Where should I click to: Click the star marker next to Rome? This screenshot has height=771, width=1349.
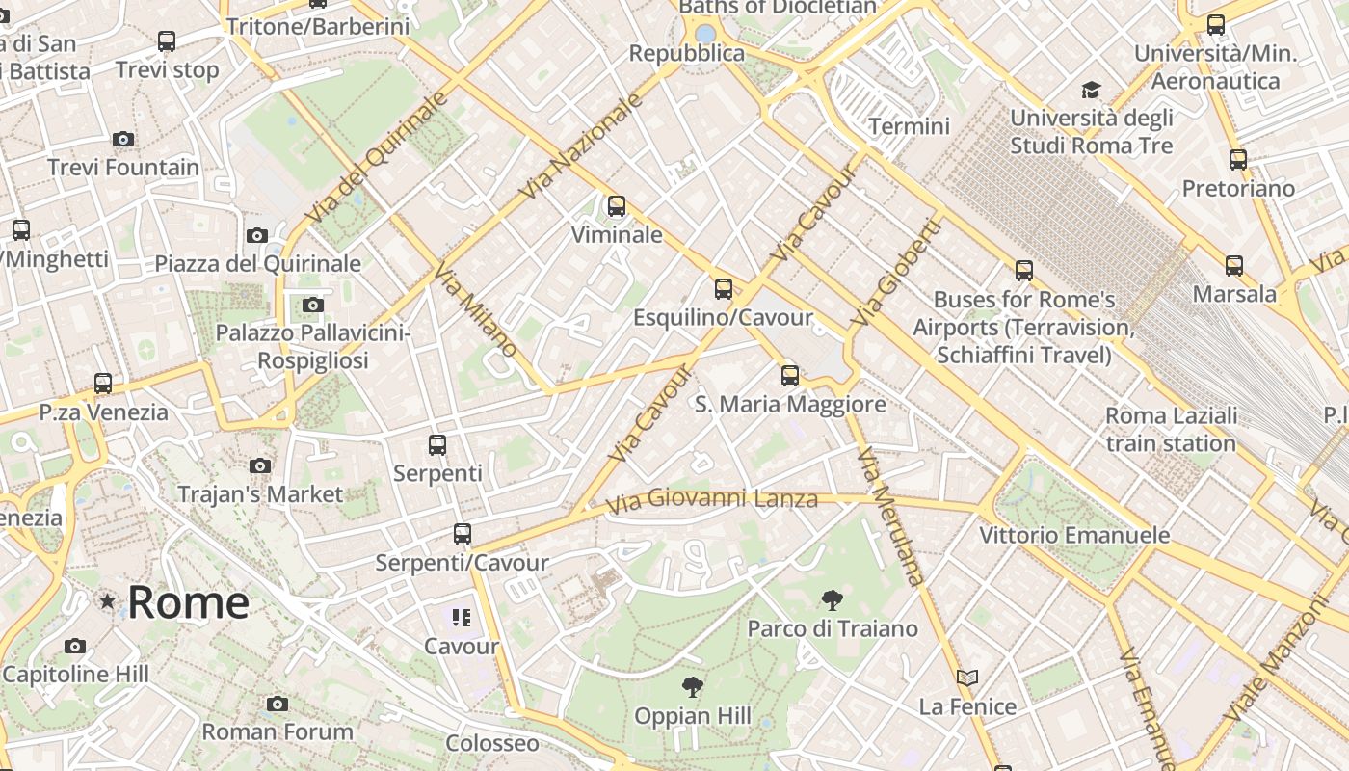[x=107, y=601]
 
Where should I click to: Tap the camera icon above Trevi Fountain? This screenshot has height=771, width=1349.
[x=122, y=139]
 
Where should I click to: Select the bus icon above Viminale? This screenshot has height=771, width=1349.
[x=616, y=205]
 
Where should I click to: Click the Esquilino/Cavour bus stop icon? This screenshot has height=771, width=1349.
[x=723, y=288]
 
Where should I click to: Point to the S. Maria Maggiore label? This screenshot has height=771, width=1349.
[x=790, y=404]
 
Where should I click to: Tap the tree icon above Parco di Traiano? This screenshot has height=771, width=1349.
[x=832, y=600]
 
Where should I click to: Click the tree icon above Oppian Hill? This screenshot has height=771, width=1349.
[x=691, y=687]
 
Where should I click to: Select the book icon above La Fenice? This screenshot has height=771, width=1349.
[x=966, y=678]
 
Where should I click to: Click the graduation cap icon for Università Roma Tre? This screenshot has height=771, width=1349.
[x=1091, y=90]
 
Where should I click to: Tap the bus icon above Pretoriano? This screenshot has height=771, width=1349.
[x=1238, y=159]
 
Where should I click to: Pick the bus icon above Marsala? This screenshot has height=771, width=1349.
[x=1233, y=265]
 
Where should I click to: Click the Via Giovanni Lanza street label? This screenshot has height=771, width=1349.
[x=712, y=499]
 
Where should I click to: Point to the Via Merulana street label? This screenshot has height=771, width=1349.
[x=889, y=516]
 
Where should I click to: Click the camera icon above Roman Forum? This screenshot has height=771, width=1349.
[x=278, y=704]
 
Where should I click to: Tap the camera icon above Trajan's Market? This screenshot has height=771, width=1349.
[x=259, y=465]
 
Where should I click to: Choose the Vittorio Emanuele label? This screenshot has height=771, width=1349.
[x=1074, y=535]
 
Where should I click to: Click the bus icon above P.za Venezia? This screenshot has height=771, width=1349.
[x=103, y=383]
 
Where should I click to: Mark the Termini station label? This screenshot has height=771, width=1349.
[x=909, y=125]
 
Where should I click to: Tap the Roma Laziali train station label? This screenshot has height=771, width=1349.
[x=1171, y=430]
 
